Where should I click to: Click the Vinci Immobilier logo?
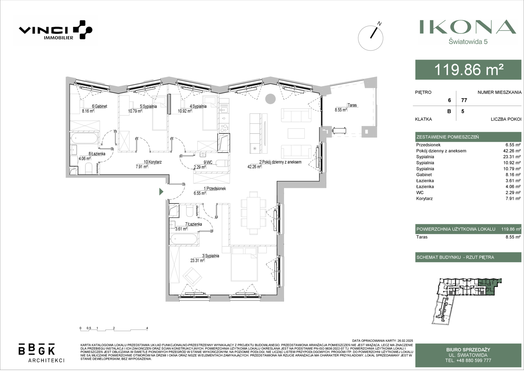(55, 30)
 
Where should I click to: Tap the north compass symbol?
(371, 38)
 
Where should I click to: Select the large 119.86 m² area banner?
(468, 70)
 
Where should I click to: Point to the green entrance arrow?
(161, 192)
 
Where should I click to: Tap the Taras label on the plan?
(352, 105)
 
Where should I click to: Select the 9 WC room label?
(208, 162)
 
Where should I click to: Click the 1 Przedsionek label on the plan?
(215, 189)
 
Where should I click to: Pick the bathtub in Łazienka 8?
(84, 138)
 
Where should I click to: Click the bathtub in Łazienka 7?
(184, 239)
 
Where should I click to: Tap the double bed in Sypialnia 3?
(244, 264)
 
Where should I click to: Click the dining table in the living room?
(254, 213)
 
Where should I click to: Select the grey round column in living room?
(270, 99)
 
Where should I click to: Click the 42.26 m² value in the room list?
(512, 151)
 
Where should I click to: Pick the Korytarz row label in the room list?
(424, 199)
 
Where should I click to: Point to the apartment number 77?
(464, 100)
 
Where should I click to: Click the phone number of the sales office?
(468, 360)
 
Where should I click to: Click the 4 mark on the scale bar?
(147, 328)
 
